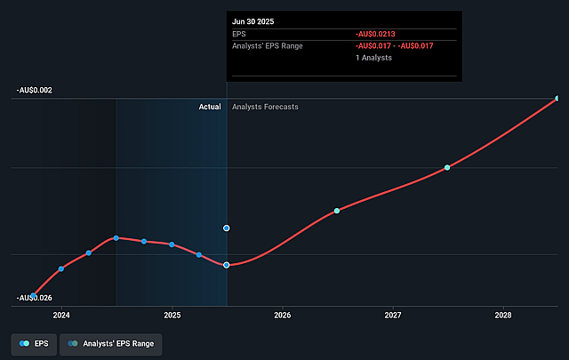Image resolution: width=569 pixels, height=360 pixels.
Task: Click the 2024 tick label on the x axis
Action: coord(61,315)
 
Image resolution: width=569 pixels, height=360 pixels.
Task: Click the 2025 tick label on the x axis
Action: coord(172,315)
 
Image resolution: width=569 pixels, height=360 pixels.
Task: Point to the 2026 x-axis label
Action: coord(283,315)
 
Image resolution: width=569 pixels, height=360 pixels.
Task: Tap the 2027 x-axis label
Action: coord(393,315)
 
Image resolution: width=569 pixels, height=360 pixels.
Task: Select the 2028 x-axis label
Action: coord(503,315)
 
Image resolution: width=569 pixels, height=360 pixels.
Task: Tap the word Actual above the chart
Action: coord(209,107)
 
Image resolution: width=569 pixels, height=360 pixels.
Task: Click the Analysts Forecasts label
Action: coord(265,107)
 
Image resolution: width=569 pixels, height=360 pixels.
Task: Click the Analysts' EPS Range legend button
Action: coord(111,342)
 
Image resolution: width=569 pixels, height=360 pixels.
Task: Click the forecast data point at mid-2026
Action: coord(337,211)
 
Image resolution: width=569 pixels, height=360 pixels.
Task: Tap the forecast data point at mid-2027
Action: coord(447,167)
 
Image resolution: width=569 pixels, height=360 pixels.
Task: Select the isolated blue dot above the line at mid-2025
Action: coord(227,228)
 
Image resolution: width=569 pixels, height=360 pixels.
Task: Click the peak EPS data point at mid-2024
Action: coord(116,237)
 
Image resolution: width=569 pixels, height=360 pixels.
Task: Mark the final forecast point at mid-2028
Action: coord(557,98)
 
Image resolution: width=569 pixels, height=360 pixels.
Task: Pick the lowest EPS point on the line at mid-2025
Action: coord(227,265)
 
